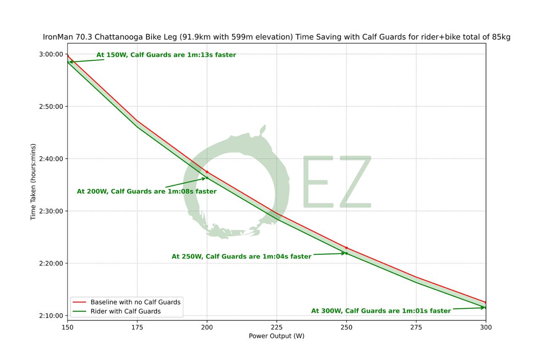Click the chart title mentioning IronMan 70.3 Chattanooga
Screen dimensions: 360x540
click(276, 37)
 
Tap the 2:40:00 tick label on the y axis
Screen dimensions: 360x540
click(51, 159)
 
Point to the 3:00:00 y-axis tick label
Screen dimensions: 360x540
click(51, 54)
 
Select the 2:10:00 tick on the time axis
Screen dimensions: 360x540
click(51, 316)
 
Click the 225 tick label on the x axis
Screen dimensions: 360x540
click(276, 327)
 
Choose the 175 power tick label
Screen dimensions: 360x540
click(137, 327)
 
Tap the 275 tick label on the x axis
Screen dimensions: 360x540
click(416, 327)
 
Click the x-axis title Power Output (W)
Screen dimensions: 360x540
click(276, 336)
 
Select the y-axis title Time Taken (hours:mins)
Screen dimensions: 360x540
click(33, 182)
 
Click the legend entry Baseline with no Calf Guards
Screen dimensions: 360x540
click(135, 302)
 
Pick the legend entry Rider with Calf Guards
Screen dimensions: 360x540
click(125, 311)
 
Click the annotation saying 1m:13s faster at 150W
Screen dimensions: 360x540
click(166, 55)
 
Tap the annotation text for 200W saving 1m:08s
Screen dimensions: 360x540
click(146, 192)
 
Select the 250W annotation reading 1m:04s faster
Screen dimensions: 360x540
click(241, 257)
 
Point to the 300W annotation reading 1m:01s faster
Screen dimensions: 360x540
click(381, 311)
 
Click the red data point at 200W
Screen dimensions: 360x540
click(207, 172)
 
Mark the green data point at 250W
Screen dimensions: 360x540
click(346, 253)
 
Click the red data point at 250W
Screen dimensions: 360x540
click(346, 248)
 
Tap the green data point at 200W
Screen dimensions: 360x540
click(207, 178)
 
